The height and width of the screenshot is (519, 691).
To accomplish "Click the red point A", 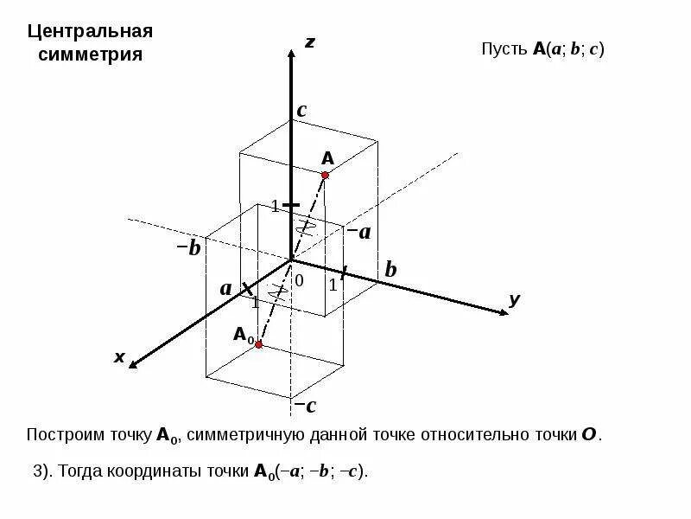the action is coord(326,176).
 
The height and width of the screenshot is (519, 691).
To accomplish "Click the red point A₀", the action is coord(258,344).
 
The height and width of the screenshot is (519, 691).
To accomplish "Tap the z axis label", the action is coord(309,42).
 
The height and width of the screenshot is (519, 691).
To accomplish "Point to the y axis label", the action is coord(515,299).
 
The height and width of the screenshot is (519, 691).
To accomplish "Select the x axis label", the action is coord(119,356).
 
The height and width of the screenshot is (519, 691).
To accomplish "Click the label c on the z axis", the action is coord(301,111).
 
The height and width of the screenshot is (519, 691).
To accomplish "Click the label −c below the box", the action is coord(305,406).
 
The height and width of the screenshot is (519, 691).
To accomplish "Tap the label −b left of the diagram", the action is coord(188,249).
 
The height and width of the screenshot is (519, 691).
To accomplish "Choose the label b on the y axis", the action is coord(390,270).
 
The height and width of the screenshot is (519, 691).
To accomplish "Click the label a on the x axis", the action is coord(226,288).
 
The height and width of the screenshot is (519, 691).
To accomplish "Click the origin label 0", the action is coord(300,281).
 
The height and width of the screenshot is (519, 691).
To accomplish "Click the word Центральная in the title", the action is coord(90,32).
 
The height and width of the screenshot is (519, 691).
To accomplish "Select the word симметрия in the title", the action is coord(90,54).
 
